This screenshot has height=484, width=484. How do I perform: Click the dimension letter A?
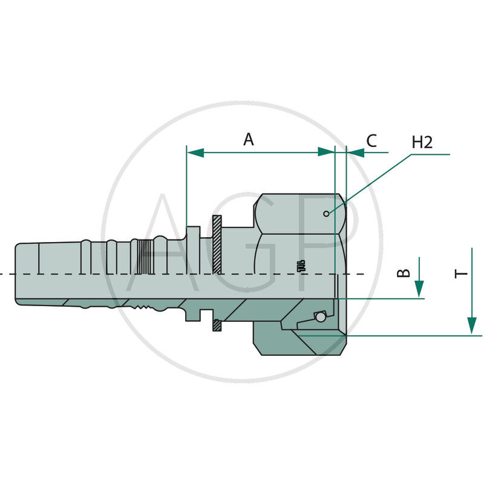pyautogui.click(x=249, y=140)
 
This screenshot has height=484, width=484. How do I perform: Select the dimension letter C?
pyautogui.click(x=371, y=141)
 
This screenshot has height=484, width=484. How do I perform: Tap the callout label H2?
pyautogui.click(x=422, y=143)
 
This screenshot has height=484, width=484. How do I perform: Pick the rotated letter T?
pyautogui.click(x=462, y=274)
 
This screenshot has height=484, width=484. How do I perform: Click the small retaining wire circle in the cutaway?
pyautogui.click(x=320, y=316)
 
